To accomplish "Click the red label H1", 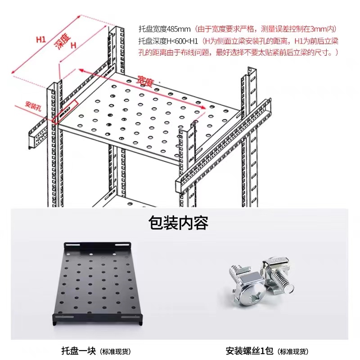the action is point(41,39).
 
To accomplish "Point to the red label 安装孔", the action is point(33,106).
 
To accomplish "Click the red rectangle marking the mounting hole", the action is point(66,111).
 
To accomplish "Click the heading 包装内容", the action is point(179,222).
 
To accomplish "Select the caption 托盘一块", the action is point(80,351).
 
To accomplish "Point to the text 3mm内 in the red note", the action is point(325,29).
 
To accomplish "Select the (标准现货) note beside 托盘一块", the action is point(116,351).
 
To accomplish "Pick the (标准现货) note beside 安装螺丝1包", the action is point(292,351).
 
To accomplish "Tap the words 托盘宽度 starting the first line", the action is point(153,29).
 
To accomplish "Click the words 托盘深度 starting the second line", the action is point(153,41).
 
